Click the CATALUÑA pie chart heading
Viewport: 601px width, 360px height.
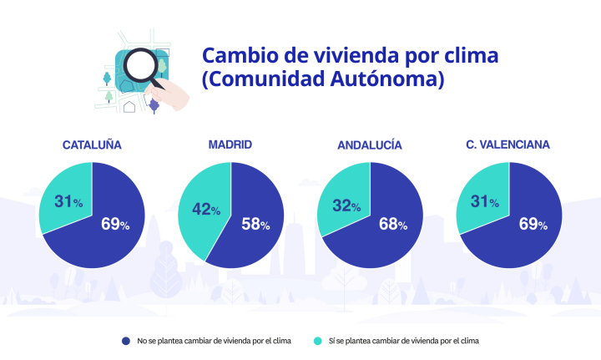point(92,145)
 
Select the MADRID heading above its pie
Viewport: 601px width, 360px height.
point(230,145)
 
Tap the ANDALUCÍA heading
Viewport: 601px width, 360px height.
point(370,145)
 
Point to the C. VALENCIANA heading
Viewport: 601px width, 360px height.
point(508,145)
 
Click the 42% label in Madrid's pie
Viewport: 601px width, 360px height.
point(206,210)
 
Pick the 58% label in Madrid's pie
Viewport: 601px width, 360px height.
point(255,224)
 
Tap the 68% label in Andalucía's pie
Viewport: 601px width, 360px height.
point(392,224)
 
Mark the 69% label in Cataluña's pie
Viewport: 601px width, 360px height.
point(114,224)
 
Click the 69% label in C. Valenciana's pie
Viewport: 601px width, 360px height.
point(532,224)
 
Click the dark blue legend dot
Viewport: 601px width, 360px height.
point(126,341)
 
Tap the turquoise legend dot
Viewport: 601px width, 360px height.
point(317,341)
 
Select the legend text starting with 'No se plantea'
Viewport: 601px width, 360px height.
point(211,341)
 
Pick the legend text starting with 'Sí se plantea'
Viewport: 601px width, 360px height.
point(401,341)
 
